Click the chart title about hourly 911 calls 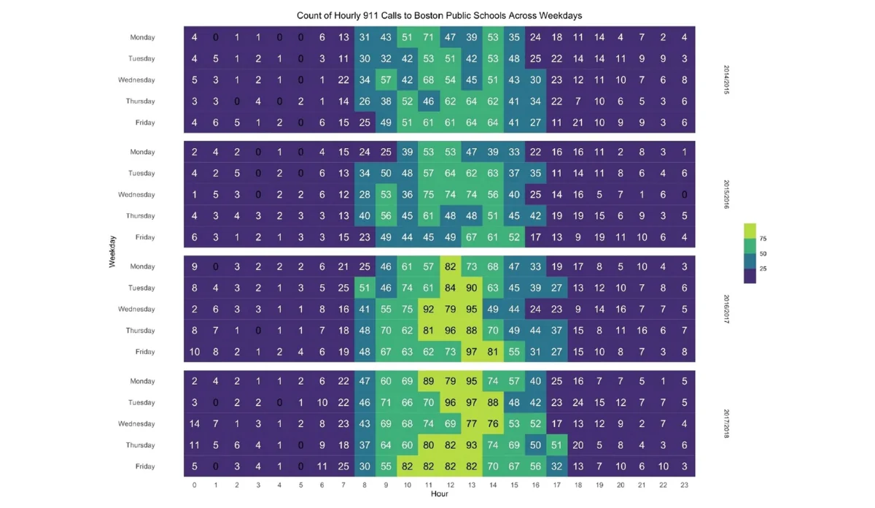click(439, 15)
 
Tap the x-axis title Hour click(439, 494)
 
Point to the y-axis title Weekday click(112, 251)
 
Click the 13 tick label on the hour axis click(471, 484)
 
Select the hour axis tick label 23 click(683, 484)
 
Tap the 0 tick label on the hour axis click(195, 484)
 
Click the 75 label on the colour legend click(763, 239)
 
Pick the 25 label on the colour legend click(763, 269)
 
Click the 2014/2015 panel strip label click(726, 80)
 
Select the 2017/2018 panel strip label click(726, 423)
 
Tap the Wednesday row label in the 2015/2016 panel click(136, 195)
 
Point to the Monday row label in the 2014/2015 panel click(143, 37)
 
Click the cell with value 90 click(471, 288)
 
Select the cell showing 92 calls click(429, 309)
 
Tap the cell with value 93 click(471, 445)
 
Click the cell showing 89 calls click(429, 381)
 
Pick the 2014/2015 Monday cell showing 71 click(429, 37)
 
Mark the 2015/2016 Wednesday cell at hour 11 click(429, 195)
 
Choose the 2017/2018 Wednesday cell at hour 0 click(195, 423)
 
